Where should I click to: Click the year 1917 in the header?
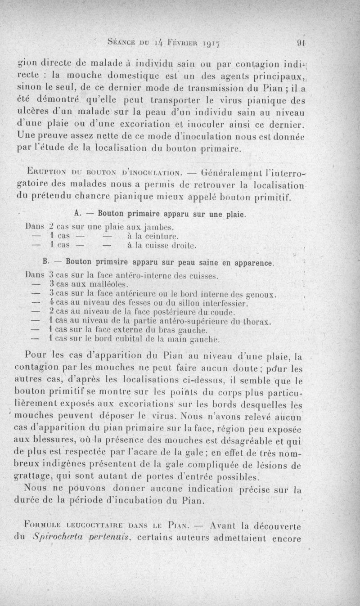(x=213, y=44)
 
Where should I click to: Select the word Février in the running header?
(x=175, y=44)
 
